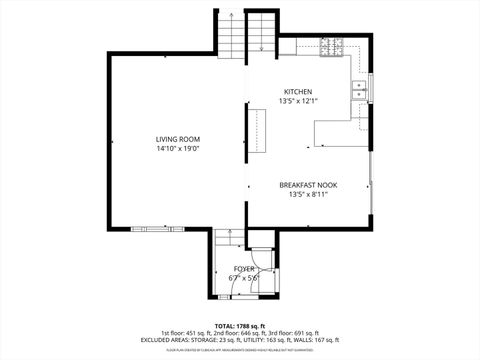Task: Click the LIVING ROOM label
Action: (178, 139)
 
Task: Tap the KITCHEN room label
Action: (298, 91)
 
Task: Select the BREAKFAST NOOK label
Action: (305, 185)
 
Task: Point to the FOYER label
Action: (245, 269)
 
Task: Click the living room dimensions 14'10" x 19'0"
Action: (178, 149)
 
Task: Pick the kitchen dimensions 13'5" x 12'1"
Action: (298, 101)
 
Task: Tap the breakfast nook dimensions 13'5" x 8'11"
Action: (305, 195)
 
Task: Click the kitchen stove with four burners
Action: (332, 46)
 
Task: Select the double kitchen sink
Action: (359, 91)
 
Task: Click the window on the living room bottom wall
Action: (157, 228)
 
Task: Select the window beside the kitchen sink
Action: (370, 88)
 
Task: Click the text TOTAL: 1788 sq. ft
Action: (240, 326)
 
